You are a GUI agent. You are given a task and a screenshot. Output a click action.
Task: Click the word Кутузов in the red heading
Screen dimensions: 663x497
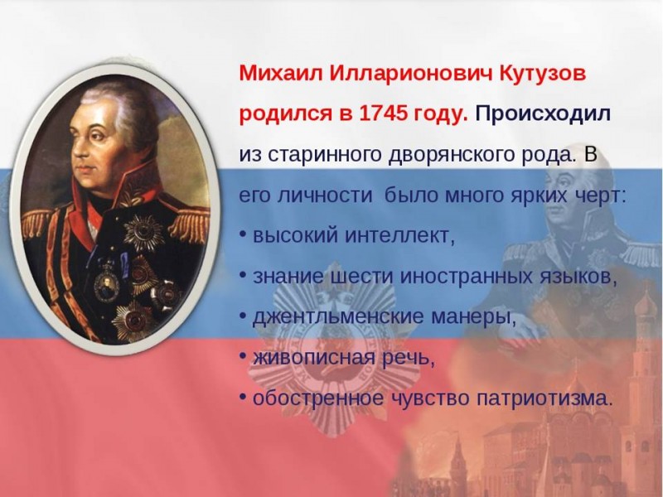coord(543,74)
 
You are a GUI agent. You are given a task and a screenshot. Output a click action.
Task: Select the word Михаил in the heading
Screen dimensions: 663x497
coord(281,74)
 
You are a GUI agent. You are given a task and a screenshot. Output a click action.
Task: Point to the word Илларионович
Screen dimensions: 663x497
coord(410,74)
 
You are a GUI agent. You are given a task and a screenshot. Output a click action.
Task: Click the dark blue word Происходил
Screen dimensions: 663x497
coord(544,114)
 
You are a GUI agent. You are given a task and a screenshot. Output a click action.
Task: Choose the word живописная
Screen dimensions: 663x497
coord(314,358)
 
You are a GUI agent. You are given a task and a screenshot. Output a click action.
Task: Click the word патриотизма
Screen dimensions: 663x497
coord(544,398)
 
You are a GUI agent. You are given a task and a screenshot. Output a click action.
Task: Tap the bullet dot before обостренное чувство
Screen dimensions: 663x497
coord(243,398)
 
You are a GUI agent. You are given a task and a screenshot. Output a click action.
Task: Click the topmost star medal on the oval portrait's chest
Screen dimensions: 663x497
coord(143,233)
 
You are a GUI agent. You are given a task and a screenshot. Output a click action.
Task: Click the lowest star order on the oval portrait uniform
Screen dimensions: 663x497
coord(133,320)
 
